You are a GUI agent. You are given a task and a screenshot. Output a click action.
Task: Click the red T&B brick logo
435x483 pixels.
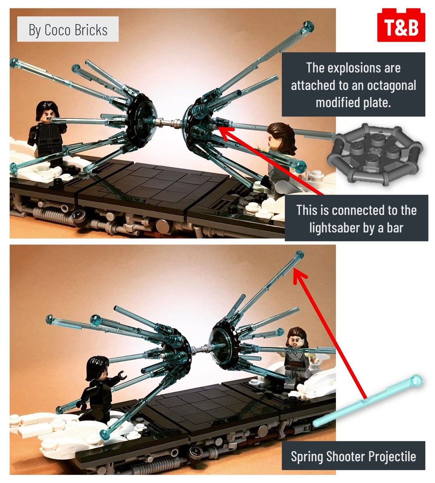pos(401,25)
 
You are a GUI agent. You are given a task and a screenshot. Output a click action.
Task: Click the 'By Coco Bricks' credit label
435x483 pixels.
pos(68,29)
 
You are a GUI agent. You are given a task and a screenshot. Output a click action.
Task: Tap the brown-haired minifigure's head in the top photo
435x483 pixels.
pos(281,136)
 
